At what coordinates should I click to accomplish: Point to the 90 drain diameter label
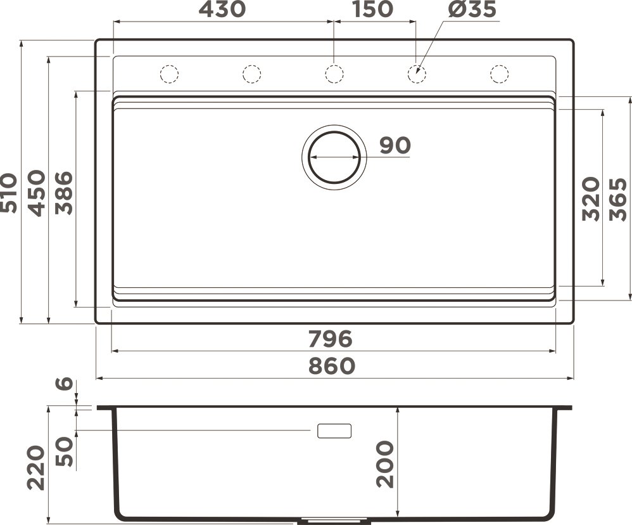(x=395, y=146)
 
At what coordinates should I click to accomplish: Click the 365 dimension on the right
(x=617, y=198)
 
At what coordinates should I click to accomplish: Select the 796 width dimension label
(x=330, y=339)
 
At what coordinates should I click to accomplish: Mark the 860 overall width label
(x=332, y=366)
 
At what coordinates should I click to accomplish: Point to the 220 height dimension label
(x=36, y=467)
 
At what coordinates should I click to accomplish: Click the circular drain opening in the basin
(x=334, y=156)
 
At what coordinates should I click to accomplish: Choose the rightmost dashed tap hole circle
(x=500, y=74)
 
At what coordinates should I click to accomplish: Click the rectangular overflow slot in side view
(x=334, y=431)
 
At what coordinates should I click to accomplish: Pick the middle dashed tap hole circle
(x=334, y=74)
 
